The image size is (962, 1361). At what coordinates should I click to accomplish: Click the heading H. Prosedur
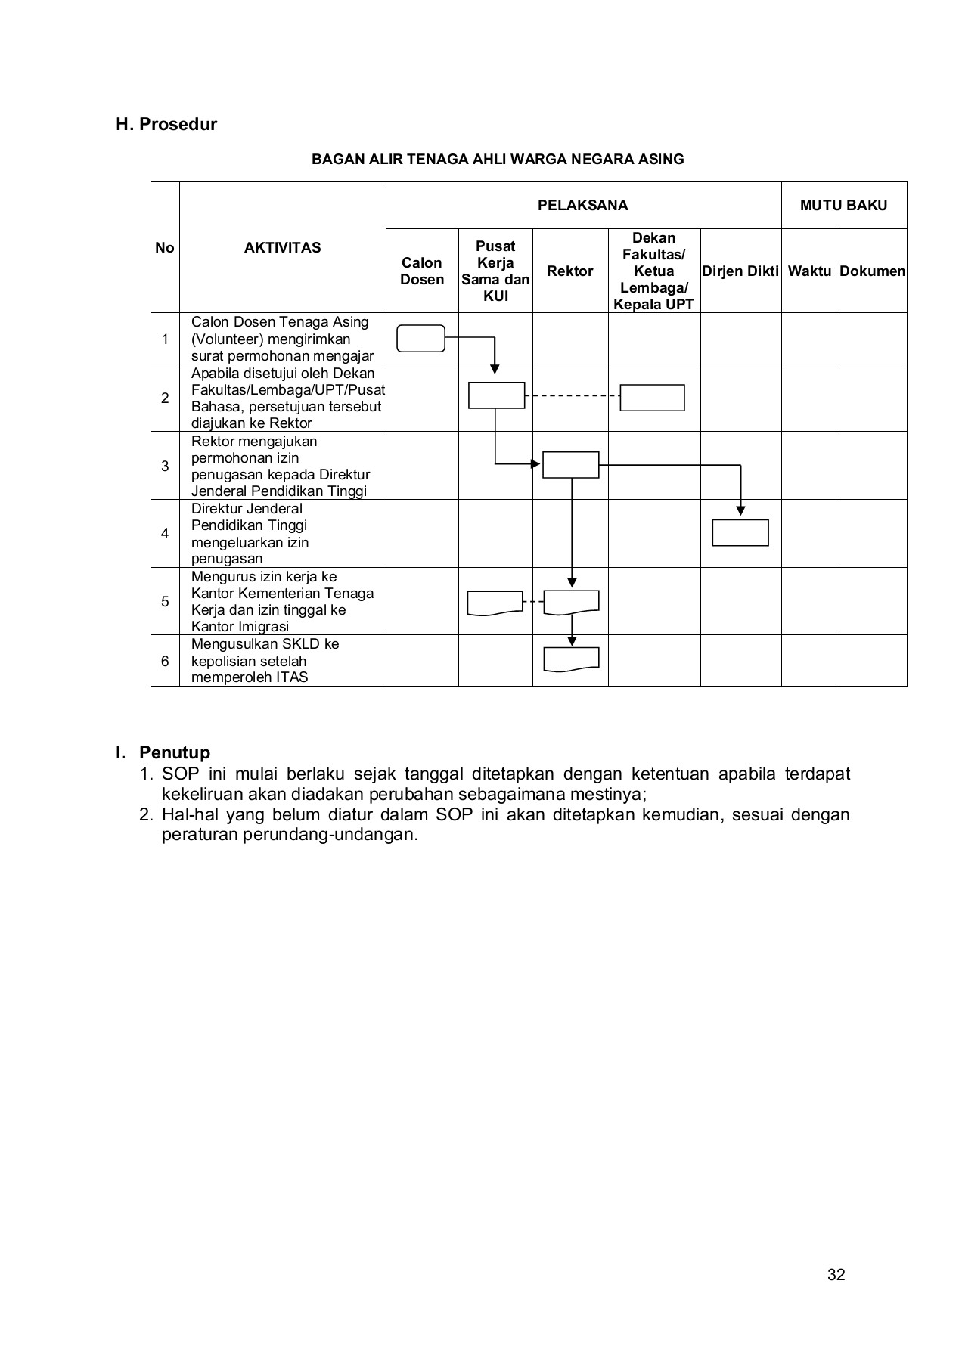click(166, 124)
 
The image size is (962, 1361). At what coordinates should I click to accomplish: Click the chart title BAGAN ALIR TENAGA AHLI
click(498, 160)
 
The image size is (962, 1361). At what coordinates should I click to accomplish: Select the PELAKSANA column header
click(582, 206)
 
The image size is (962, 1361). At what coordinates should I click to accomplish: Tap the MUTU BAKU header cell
click(843, 206)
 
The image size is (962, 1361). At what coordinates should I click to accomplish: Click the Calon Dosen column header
click(422, 271)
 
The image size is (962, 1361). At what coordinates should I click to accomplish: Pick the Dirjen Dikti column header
click(740, 271)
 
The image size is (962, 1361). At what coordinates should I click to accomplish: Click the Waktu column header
click(809, 271)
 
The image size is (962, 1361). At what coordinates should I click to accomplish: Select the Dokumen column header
click(872, 271)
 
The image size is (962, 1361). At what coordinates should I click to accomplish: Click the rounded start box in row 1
click(420, 338)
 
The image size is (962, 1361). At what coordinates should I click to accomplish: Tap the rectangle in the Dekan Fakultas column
click(652, 397)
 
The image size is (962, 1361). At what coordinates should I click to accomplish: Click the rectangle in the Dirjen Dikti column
click(740, 532)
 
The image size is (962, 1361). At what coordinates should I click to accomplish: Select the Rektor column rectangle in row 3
click(570, 464)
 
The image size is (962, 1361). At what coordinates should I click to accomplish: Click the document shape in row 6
click(571, 659)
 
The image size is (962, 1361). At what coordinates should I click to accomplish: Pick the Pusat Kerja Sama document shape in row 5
click(495, 602)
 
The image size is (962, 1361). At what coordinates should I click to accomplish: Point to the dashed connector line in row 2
click(573, 395)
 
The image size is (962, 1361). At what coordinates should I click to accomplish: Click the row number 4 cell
click(165, 533)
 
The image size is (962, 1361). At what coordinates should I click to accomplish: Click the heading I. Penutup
click(163, 752)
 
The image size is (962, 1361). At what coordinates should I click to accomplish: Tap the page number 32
click(836, 1275)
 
